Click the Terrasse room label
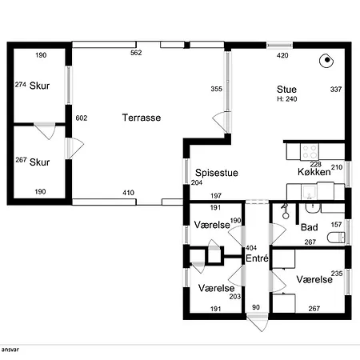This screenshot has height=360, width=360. coord(142,118)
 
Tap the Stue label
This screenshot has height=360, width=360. coord(286,90)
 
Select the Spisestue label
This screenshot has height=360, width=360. coord(217,173)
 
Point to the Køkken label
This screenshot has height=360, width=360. coord(314,172)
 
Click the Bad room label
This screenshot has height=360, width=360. coord(310,227)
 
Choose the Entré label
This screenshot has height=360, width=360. coord(257,258)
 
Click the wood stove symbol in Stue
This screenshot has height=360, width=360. coord(326,61)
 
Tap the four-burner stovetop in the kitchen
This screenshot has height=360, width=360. coord(310,152)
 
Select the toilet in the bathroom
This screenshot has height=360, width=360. coord(336,238)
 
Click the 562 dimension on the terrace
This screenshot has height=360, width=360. coord(136,53)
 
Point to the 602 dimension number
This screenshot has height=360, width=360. coord(82,118)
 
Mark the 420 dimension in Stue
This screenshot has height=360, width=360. coord(282,55)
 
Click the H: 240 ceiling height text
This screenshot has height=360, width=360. coord(287,99)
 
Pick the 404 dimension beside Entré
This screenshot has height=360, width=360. coord(251,248)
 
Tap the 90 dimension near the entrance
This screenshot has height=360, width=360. coord(256,307)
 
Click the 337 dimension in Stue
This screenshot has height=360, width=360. coord(336,90)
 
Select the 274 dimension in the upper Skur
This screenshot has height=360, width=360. coord(21,85)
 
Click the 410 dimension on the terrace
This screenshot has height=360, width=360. coord(128,193)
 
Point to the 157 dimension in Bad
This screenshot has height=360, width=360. coord(336,225)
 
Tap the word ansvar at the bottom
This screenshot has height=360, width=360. coord(10,350)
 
